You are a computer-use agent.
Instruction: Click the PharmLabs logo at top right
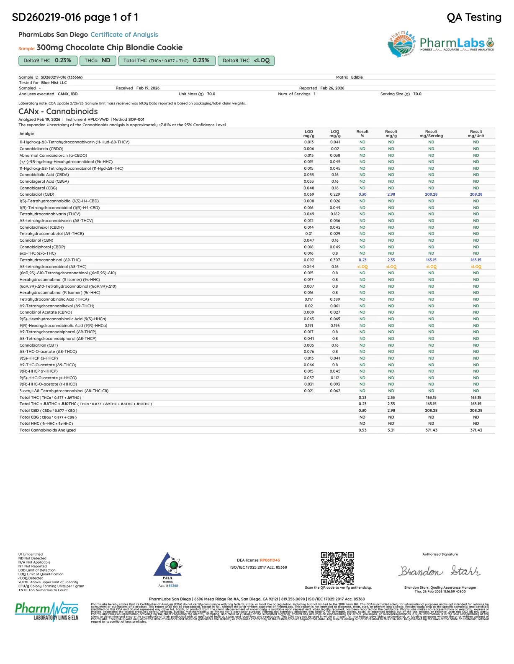441,43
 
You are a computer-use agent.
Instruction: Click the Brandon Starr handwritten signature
440,571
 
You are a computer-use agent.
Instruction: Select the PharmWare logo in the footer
47,611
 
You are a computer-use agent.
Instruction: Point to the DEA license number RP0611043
270,560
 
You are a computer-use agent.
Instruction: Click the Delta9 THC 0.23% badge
48,61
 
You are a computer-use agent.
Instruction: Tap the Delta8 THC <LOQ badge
246,61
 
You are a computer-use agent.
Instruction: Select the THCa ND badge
97,61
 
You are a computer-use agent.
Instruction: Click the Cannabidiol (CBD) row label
37,194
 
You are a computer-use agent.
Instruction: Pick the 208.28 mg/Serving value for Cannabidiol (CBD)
431,194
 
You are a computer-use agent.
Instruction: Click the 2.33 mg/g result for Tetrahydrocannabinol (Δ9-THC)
391,260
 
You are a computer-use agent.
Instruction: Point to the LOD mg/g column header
309,133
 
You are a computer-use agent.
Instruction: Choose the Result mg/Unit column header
476,133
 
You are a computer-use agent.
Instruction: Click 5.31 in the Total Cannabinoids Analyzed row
391,430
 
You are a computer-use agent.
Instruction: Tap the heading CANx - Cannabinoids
58,112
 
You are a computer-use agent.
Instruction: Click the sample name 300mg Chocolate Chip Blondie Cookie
110,48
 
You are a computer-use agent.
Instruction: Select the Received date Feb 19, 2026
148,88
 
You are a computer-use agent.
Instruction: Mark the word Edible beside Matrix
357,77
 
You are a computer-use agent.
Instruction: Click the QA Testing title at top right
474,18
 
